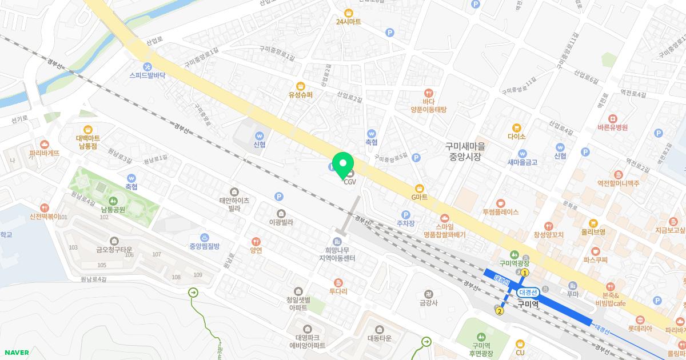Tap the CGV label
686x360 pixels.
tap(350, 182)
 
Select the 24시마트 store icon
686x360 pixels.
tap(348, 13)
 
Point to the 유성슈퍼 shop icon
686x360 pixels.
tap(301, 86)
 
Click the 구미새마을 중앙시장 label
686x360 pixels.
tap(465, 151)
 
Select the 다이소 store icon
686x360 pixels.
tap(516, 127)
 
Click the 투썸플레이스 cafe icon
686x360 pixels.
tap(500, 202)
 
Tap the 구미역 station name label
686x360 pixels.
tap(528, 304)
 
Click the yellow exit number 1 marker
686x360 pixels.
tap(525, 273)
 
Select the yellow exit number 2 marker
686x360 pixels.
tap(500, 311)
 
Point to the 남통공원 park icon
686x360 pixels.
tap(113, 199)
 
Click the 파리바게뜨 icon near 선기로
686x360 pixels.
tap(45, 144)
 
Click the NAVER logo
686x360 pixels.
tap(16, 353)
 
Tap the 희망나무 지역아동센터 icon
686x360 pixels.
tap(337, 242)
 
